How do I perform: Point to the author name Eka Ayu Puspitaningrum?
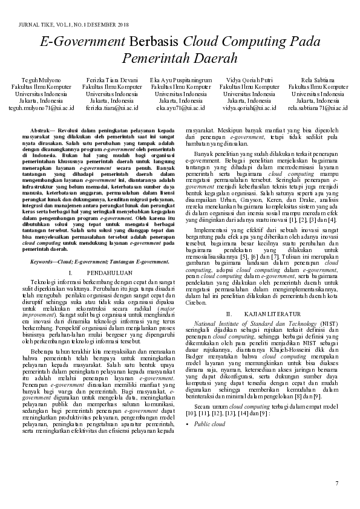click(x=181, y=80)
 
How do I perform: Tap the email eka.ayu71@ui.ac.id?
click(x=181, y=108)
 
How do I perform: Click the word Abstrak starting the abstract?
click(x=41, y=131)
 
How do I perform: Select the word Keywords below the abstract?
click(x=43, y=262)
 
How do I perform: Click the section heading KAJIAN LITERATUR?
click(x=272, y=314)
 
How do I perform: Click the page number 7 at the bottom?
click(x=337, y=484)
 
